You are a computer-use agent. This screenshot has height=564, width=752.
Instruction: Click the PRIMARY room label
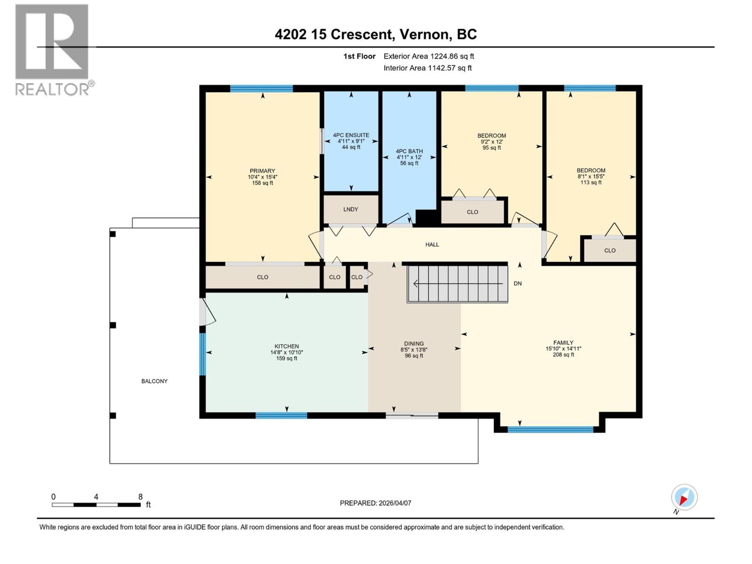point(262,171)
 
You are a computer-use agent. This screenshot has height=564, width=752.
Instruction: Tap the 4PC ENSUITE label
point(351,135)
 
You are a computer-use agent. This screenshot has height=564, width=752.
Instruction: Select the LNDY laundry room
point(351,209)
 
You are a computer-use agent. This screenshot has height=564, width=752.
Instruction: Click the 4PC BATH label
point(409,151)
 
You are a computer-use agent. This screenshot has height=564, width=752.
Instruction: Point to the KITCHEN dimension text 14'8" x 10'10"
point(287,352)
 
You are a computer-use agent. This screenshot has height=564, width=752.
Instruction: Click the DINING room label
point(414,344)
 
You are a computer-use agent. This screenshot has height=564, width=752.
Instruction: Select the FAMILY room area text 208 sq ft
point(563,355)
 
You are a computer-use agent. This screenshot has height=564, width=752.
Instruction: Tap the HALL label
point(432,244)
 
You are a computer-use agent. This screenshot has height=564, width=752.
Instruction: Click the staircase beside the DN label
point(457,284)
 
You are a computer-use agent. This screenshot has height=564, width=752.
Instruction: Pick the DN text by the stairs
point(517,283)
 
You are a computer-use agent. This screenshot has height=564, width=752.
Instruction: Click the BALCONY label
point(155,381)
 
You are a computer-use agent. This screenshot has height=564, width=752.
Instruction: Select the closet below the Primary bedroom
point(262,277)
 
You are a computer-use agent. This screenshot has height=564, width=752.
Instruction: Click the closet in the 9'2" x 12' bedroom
point(472,212)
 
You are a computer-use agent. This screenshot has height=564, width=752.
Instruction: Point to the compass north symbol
point(684,497)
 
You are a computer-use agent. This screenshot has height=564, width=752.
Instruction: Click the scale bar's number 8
point(140,497)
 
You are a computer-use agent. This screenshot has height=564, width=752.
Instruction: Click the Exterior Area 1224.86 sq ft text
point(429,56)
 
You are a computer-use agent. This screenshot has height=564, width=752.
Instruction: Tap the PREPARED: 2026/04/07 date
point(376,503)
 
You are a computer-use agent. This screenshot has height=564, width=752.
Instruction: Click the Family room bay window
point(550,429)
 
